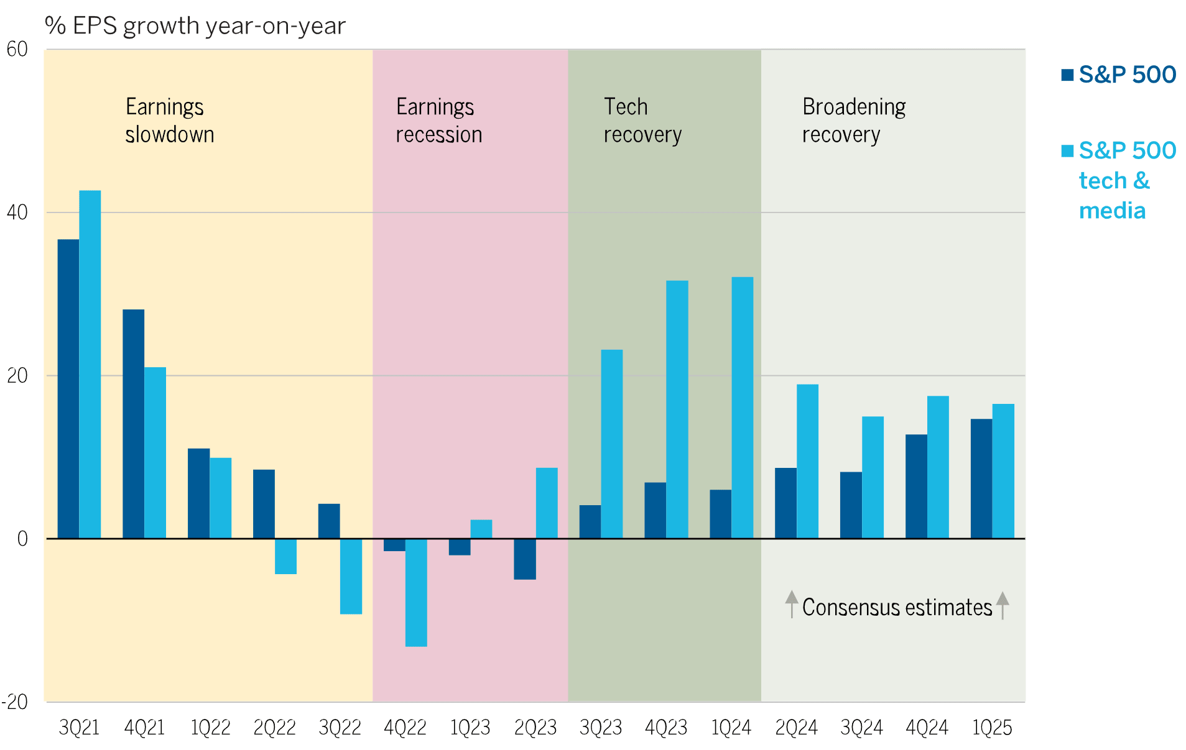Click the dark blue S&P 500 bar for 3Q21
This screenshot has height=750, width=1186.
point(68,388)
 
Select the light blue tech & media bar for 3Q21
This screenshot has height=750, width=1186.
point(90,364)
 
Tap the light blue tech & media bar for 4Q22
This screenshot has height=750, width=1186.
point(416,592)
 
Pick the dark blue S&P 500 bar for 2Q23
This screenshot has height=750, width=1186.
point(525,559)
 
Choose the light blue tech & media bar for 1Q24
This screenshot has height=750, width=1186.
point(742,408)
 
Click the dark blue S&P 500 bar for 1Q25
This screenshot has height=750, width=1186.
point(981,478)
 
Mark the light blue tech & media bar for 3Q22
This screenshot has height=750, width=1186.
point(351,576)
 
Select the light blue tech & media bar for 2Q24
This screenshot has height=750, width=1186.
point(807,461)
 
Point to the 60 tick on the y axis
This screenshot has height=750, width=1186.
point(17,49)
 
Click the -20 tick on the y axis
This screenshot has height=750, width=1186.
point(15,702)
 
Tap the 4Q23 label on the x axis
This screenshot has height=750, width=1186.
point(666,728)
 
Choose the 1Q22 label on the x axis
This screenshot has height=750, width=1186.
point(210,728)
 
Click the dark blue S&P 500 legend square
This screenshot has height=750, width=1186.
point(1067,75)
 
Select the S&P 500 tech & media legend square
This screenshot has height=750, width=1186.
point(1067,151)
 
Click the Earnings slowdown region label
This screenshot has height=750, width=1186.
point(169,121)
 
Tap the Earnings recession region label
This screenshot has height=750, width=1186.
point(438,121)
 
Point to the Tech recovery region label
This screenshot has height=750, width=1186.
point(642,121)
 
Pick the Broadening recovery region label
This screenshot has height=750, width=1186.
point(853,121)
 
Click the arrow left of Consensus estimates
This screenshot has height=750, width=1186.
point(791,604)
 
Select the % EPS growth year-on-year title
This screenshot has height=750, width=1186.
point(195,26)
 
